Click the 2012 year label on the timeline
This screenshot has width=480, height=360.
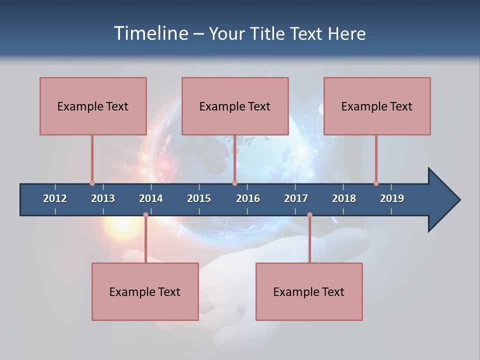[x=55, y=198]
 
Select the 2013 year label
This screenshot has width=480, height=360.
[x=103, y=198]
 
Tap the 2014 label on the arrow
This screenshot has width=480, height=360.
[x=151, y=198]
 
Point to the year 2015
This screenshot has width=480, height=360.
[x=199, y=198]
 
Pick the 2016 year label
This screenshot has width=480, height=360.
[x=248, y=198]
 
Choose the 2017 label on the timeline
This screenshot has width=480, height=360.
[x=296, y=198]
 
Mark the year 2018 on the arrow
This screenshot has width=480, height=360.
[x=344, y=198]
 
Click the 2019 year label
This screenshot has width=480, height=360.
[x=392, y=198]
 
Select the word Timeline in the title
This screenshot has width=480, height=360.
[x=151, y=33]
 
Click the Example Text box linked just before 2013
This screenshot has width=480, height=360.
[x=93, y=106]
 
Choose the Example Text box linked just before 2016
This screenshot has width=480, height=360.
[x=235, y=106]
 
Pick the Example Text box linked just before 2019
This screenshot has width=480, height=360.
[x=377, y=106]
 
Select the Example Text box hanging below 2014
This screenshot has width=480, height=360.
[x=145, y=291]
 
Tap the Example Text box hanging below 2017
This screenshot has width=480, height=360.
[x=309, y=291]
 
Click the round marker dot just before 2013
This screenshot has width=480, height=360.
[x=92, y=183]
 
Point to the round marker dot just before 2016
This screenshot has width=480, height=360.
[x=234, y=183]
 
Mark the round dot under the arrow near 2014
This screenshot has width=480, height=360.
[x=145, y=215]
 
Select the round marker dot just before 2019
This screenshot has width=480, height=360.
[x=376, y=183]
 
